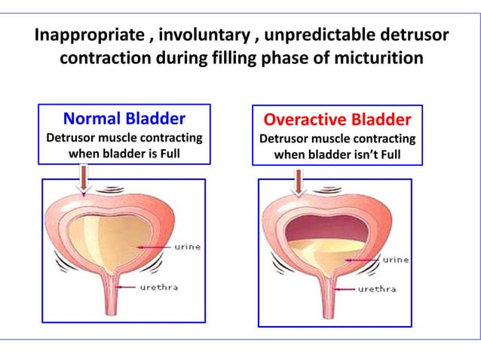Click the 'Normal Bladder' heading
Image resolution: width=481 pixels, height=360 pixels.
(124, 119)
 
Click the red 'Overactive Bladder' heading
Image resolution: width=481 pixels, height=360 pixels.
(337, 121)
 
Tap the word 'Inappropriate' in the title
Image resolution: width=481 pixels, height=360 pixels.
(85, 36)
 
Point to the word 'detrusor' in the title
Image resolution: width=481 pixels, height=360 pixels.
(406, 36)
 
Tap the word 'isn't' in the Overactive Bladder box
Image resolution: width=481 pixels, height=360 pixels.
(359, 155)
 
